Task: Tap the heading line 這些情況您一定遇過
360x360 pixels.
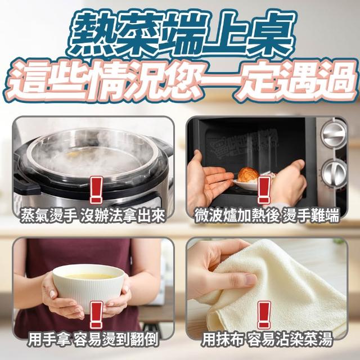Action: pyautogui.click(x=181, y=82)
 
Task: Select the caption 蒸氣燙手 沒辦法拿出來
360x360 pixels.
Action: pyautogui.click(x=93, y=216)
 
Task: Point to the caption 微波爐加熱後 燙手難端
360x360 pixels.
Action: pyautogui.click(x=267, y=216)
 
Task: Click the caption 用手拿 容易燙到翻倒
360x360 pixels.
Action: pyautogui.click(x=93, y=339)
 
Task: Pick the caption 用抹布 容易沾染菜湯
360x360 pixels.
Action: pyautogui.click(x=267, y=339)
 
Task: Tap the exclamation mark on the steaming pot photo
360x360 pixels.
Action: pyautogui.click(x=96, y=190)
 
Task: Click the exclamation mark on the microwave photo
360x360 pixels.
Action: pyautogui.click(x=264, y=190)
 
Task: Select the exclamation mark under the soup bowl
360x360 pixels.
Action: pyautogui.click(x=96, y=315)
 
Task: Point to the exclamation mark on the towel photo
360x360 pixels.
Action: pyautogui.click(x=264, y=315)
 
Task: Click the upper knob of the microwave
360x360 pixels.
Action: pyautogui.click(x=334, y=134)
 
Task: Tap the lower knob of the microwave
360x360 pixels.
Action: pyautogui.click(x=334, y=173)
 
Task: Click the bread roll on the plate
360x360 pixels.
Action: pyautogui.click(x=247, y=175)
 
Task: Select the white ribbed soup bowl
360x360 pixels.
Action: pyautogui.click(x=89, y=287)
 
